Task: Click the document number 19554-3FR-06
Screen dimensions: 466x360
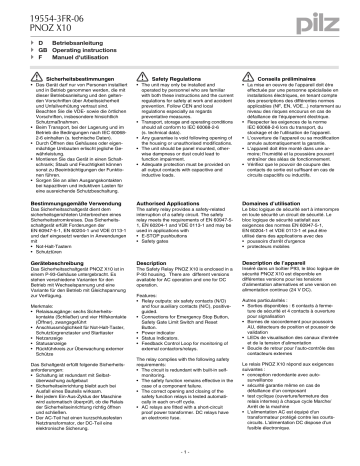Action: pos(50,9)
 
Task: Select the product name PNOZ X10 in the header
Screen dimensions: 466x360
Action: pos(43,20)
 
